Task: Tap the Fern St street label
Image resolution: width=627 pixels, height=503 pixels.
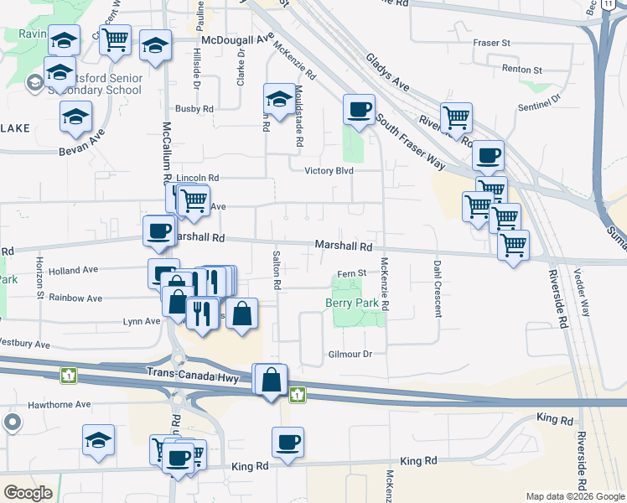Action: click(352, 273)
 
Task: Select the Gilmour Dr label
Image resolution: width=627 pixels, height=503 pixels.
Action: click(350, 355)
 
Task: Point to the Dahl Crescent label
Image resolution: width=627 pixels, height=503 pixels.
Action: click(438, 288)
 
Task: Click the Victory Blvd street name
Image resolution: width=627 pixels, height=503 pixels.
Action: click(329, 171)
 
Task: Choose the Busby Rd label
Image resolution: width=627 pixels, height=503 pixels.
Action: click(194, 108)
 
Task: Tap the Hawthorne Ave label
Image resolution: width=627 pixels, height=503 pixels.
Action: click(59, 404)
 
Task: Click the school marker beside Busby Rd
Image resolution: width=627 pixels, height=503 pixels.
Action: click(277, 99)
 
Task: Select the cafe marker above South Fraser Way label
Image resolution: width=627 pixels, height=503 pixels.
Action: click(359, 110)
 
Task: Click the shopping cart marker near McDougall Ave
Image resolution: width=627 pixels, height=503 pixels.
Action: click(116, 39)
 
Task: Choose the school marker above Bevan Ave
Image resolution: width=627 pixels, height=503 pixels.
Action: click(75, 117)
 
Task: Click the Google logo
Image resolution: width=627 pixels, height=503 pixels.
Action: click(28, 493)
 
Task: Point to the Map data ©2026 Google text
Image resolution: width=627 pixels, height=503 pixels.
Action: click(574, 496)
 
